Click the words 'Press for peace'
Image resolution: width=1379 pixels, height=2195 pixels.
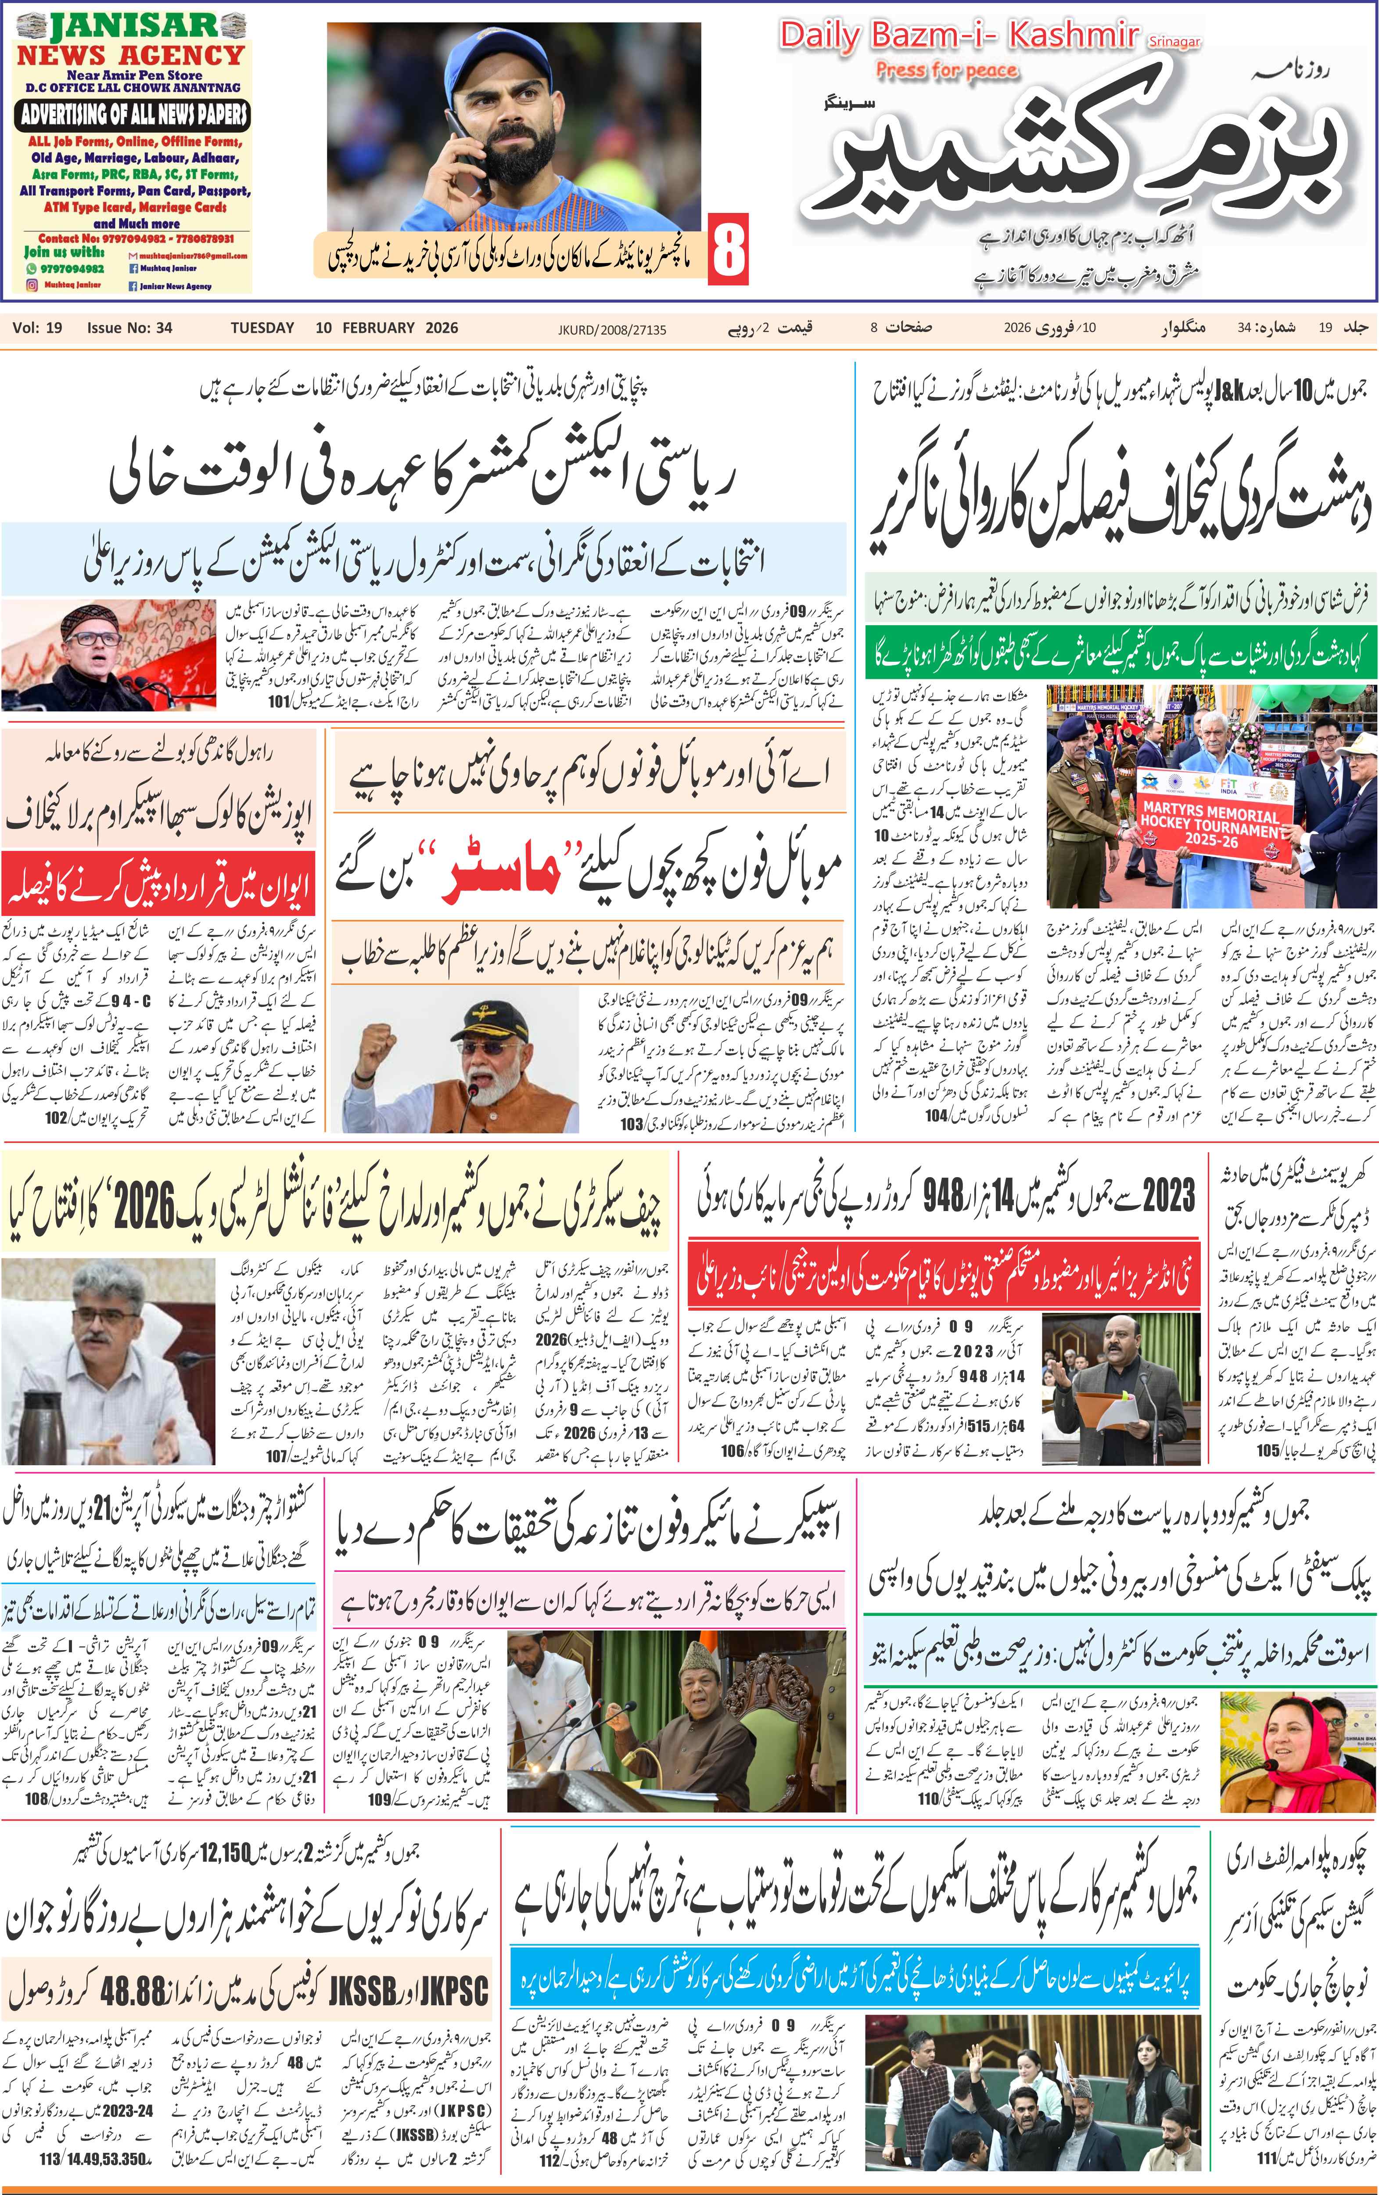pos(946,70)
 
